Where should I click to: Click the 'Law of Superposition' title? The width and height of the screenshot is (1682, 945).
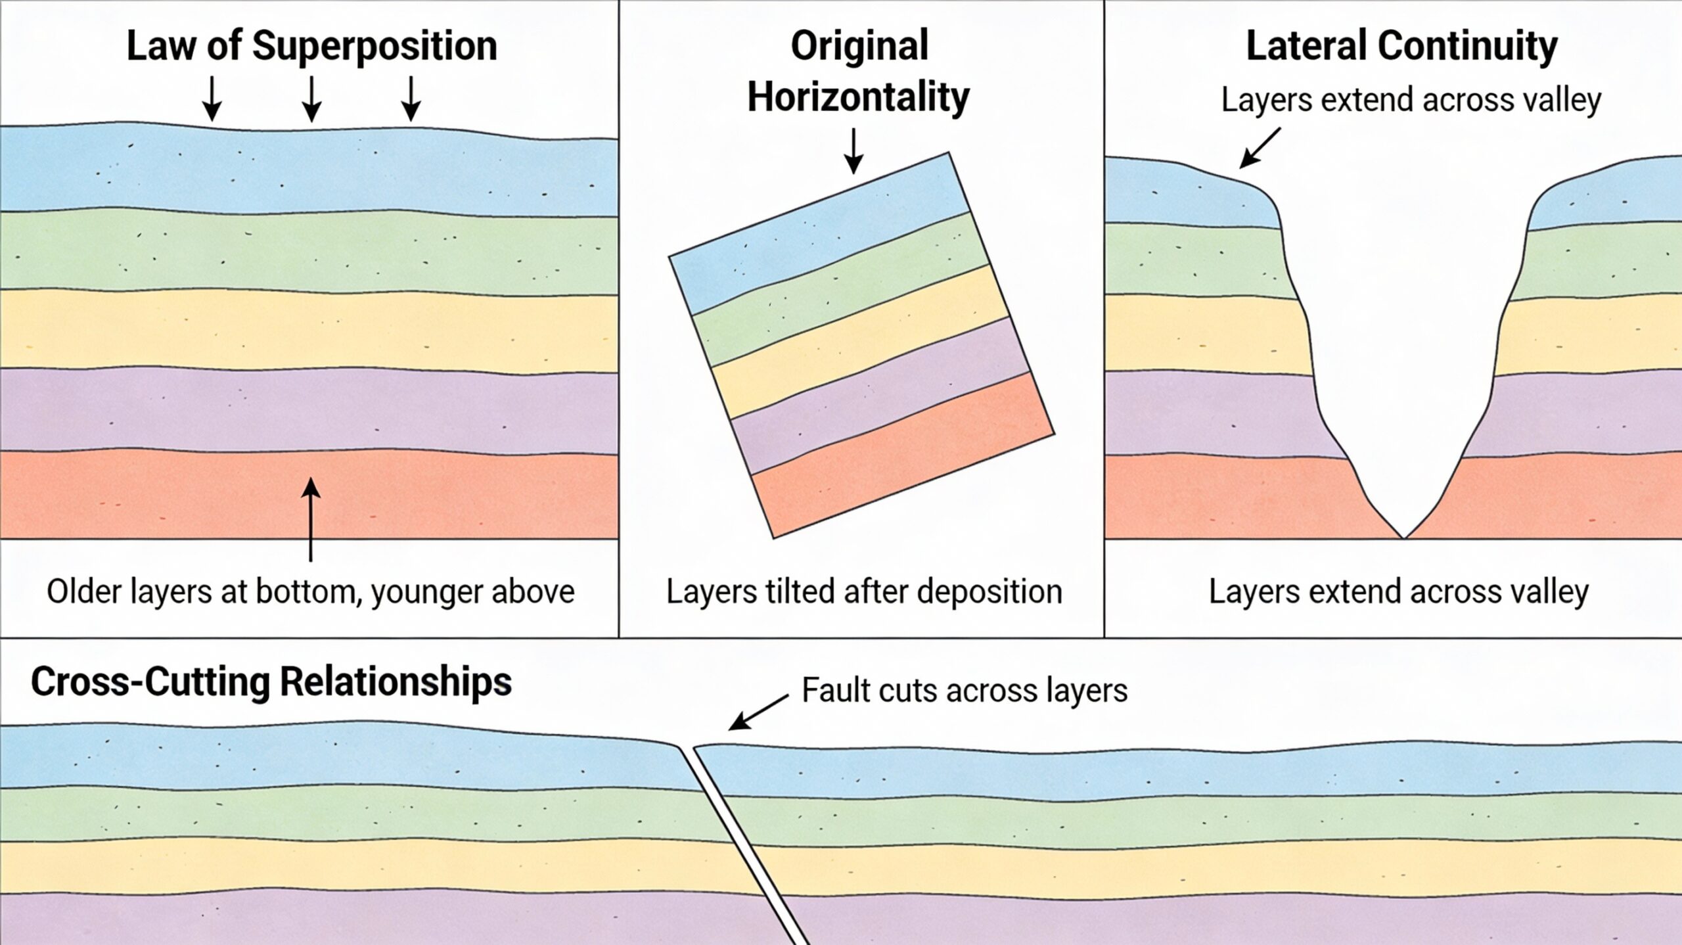coord(311,46)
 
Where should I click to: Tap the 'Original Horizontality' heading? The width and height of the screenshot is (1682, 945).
coord(859,71)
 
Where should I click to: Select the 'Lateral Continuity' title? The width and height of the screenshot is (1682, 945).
coord(1401,46)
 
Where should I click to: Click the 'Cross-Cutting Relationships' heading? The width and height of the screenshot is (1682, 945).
coord(271,682)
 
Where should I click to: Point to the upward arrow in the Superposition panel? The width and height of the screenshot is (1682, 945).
coord(310,519)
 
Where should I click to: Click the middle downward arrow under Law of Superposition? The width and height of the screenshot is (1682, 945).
coord(311,99)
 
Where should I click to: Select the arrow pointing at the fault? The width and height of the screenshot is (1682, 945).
coord(759,712)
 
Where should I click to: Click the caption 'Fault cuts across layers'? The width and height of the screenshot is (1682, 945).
coord(965,691)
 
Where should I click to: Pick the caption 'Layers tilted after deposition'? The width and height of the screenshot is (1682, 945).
coord(864,591)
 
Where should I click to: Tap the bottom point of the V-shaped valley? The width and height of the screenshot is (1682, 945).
coord(1404,536)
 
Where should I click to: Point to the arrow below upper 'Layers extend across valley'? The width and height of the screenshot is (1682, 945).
coord(1260,148)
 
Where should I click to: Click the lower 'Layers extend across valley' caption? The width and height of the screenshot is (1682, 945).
coord(1399,591)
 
